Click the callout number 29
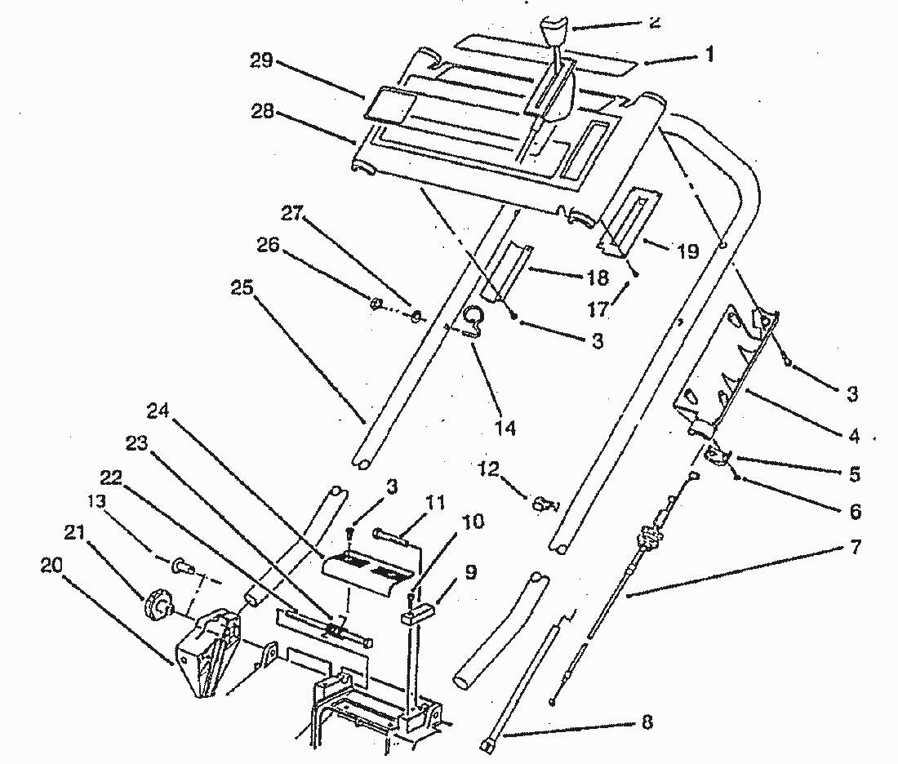click(263, 62)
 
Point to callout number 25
click(242, 289)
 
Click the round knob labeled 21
click(157, 606)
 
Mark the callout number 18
click(597, 278)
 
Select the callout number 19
click(687, 251)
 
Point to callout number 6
click(854, 511)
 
